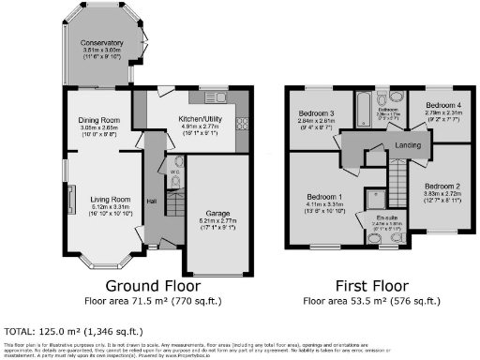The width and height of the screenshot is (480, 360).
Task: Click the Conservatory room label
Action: [101, 44]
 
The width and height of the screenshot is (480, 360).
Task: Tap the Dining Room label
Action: [97, 120]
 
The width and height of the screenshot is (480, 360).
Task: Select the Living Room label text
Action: [96, 200]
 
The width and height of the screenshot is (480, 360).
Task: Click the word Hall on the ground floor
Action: [150, 199]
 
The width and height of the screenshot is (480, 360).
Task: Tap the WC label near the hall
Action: [174, 172]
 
